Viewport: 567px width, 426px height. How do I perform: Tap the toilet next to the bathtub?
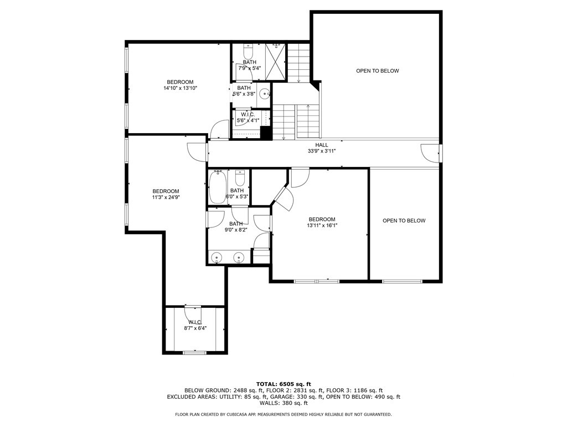coord(240,179)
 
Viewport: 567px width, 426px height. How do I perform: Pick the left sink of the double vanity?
coord(218,257)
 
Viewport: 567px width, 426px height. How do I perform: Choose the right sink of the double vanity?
coord(239,257)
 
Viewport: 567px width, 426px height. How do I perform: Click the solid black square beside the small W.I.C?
coord(266,133)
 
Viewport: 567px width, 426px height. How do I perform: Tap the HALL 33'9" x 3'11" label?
coord(322,148)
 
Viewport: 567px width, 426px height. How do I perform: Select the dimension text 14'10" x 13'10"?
coord(181,88)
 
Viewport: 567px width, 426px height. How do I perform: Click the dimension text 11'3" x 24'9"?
coord(166,197)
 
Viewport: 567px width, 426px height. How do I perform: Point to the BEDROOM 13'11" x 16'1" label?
coord(322,222)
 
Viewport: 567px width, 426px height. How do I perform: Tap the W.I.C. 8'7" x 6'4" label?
coord(195,325)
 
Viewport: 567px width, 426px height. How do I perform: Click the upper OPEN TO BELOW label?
coord(377,71)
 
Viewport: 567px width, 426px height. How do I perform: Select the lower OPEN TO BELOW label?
coord(404,221)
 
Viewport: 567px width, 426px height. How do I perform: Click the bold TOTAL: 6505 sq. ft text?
coord(283,384)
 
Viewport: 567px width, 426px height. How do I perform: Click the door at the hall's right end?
coord(429,153)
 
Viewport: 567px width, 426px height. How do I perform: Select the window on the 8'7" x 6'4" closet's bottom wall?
coord(194,352)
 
